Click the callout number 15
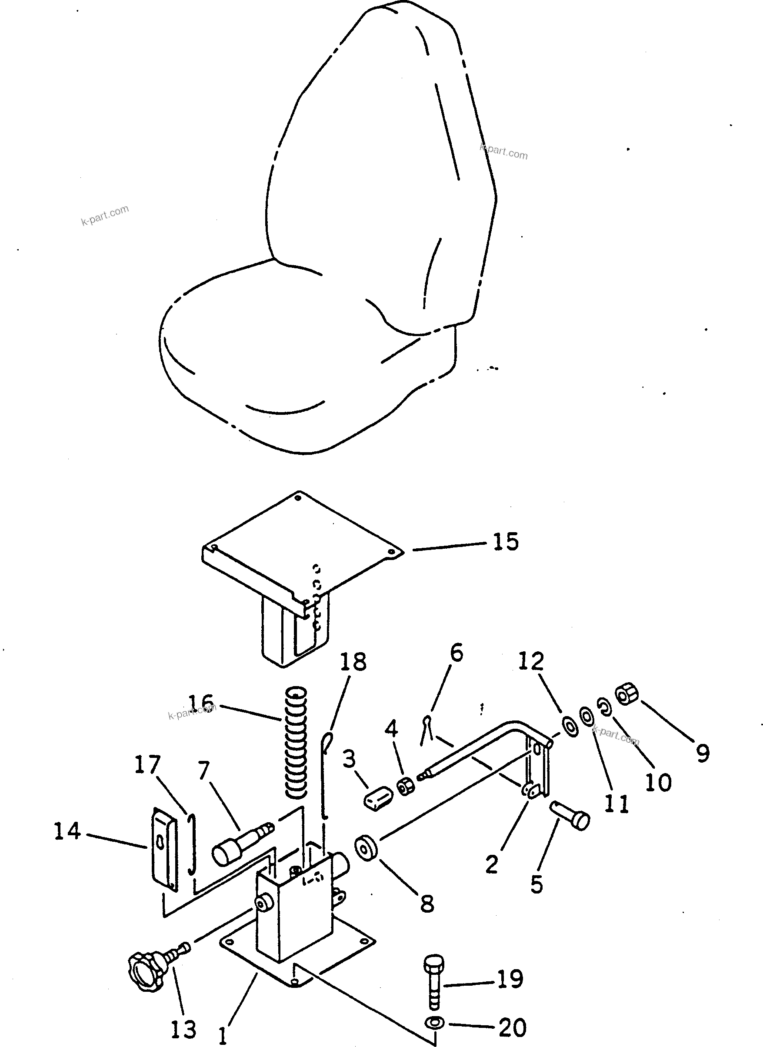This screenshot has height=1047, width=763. coord(506,541)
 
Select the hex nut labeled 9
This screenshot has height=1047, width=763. coord(627,696)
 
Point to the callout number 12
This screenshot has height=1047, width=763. coord(531,661)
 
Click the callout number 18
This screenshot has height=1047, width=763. coord(353,661)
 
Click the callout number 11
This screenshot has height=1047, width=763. coord(616,804)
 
